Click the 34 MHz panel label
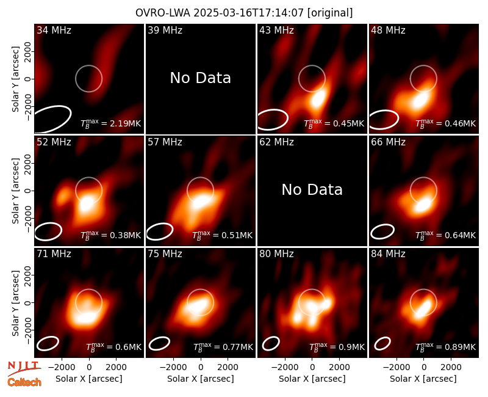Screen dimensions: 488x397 click(54, 30)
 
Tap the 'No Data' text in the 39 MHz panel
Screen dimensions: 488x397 click(201, 78)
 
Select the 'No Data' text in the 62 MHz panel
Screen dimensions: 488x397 click(312, 189)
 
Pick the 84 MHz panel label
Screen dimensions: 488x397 click(388, 254)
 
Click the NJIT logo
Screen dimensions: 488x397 click(24, 368)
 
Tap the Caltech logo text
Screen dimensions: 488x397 click(24, 382)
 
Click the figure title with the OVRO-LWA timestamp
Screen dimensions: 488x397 click(244, 13)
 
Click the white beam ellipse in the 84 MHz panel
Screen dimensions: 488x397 click(382, 343)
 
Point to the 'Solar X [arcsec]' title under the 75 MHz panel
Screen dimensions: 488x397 click(201, 379)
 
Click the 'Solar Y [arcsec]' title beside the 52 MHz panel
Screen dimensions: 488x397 click(15, 191)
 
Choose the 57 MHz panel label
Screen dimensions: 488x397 click(165, 142)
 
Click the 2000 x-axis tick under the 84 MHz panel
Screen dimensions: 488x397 click(451, 368)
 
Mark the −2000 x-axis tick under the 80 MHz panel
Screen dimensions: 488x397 click(284, 368)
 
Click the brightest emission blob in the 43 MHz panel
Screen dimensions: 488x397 click(318, 98)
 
